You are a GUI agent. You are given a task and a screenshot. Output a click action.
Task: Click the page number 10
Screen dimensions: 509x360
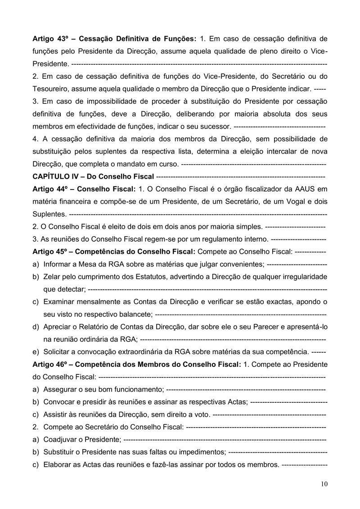(x=324, y=484)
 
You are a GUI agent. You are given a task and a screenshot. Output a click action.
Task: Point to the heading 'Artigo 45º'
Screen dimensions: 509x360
(x=50, y=251)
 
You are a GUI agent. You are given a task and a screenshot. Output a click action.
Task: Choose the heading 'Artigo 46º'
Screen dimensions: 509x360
(x=50, y=363)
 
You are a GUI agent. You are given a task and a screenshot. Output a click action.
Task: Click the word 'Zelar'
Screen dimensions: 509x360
(x=52, y=275)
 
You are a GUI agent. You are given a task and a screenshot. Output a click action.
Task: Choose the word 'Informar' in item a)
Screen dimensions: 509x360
(x=58, y=263)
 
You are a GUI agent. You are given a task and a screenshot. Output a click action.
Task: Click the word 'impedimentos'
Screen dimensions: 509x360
(x=200, y=450)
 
